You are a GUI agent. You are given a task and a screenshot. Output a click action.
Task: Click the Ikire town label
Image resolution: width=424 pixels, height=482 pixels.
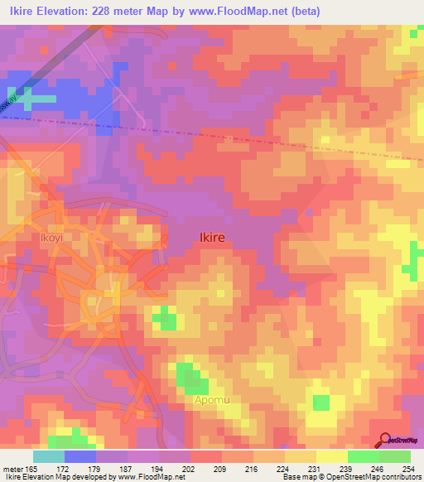(212, 237)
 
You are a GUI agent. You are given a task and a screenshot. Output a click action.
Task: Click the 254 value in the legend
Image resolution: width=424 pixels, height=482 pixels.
(408, 469)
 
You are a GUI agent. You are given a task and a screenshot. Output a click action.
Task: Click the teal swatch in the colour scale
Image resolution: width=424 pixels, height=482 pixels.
(49, 456)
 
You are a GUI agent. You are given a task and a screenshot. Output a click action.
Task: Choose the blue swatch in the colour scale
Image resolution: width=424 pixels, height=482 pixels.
(80, 456)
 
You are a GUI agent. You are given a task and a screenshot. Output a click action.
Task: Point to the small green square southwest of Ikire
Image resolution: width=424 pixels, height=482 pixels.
(166, 318)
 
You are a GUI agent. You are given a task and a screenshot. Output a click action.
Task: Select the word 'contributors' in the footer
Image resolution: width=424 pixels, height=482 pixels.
(398, 477)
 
